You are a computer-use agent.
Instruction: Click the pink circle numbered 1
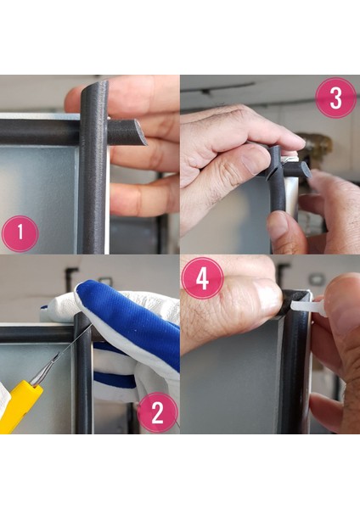pyautogui.click(x=20, y=234)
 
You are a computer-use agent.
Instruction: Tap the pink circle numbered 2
pyautogui.click(x=158, y=412)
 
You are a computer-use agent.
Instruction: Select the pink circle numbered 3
pyautogui.click(x=336, y=98)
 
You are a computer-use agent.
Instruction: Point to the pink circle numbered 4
pyautogui.click(x=202, y=278)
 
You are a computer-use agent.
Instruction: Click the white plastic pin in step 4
pyautogui.click(x=307, y=307)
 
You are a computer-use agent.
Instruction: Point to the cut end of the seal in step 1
pyautogui.click(x=140, y=131)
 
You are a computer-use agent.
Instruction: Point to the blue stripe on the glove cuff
pyautogui.click(x=114, y=380)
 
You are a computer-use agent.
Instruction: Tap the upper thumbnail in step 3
pyautogui.click(x=256, y=159)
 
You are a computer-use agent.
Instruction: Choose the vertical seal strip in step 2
pyautogui.click(x=83, y=373)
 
